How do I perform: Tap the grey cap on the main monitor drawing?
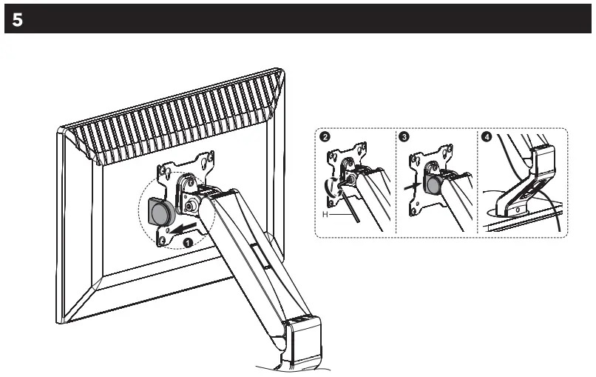159,213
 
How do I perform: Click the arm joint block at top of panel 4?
544,159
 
